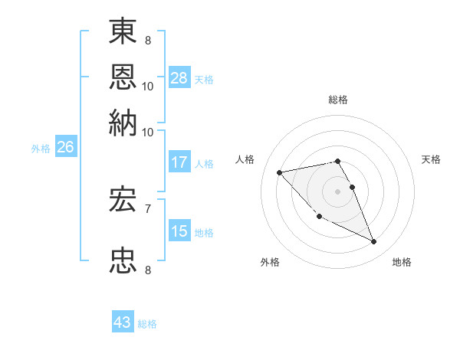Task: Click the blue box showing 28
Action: click(x=179, y=77)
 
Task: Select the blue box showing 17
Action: click(x=179, y=162)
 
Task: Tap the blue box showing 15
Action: click(x=179, y=231)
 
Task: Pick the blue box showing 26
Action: click(x=65, y=148)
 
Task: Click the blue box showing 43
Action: click(x=123, y=322)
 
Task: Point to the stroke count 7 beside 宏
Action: click(x=147, y=208)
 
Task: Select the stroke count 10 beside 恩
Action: click(x=148, y=86)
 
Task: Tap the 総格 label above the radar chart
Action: click(x=338, y=100)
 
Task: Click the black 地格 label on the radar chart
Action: click(x=402, y=262)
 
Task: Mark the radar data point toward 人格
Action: click(x=280, y=172)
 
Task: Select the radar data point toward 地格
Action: click(x=374, y=242)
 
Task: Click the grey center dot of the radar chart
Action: click(x=338, y=191)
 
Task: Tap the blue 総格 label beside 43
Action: click(x=147, y=324)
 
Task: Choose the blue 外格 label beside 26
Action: click(x=41, y=149)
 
